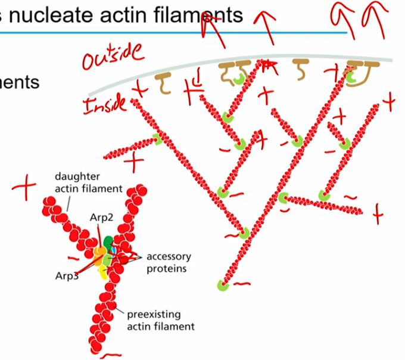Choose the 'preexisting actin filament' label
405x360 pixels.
(160, 319)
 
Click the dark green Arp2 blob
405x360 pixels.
(108, 242)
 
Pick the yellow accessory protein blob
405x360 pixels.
(103, 272)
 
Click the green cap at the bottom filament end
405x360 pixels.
(222, 286)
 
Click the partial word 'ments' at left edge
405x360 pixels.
(20, 82)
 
